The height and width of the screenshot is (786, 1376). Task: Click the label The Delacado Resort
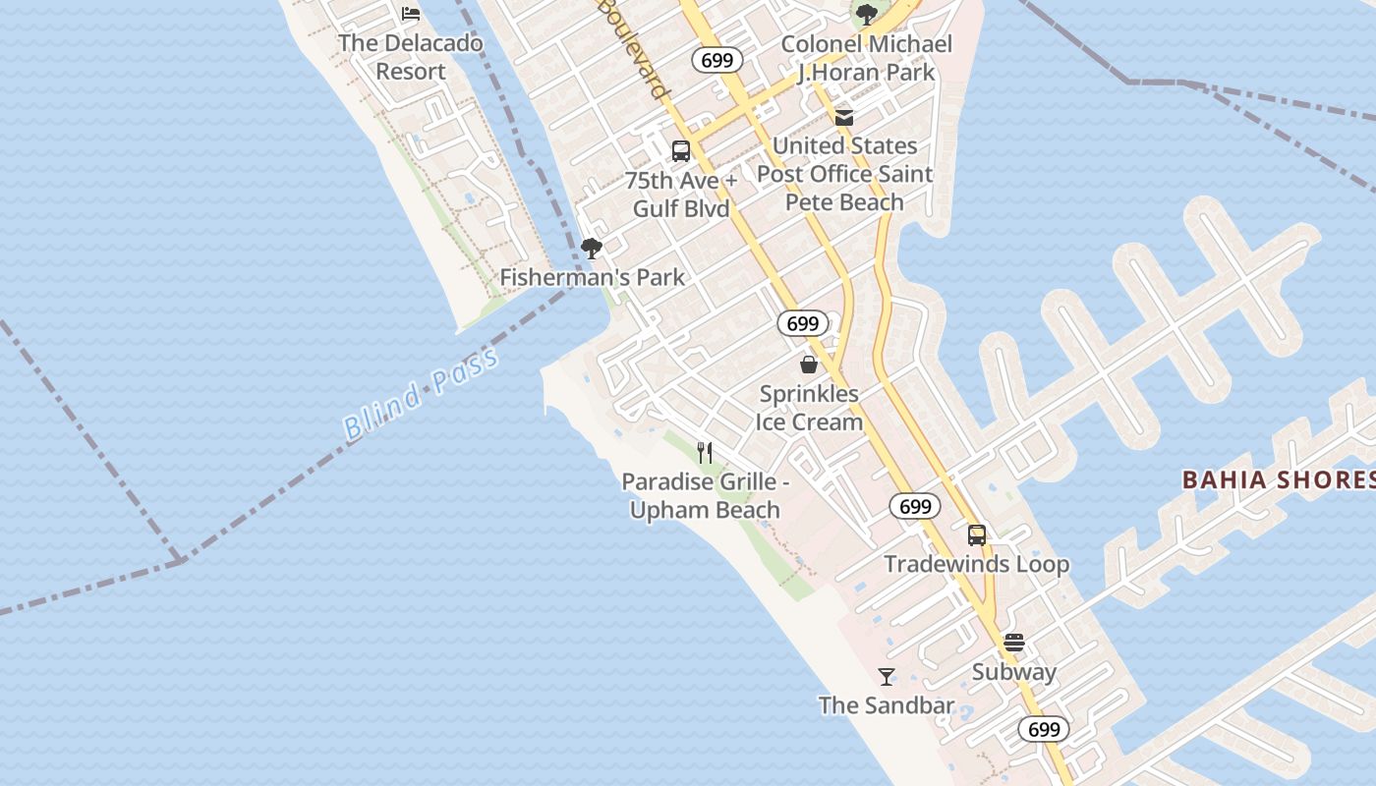[x=411, y=57]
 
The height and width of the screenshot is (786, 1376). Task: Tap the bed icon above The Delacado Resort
[x=411, y=14]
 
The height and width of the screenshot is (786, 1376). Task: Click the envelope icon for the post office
[x=844, y=118]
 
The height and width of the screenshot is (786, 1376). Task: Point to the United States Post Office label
[x=844, y=174]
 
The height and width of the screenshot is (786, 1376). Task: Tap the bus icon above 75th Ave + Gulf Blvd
[x=680, y=151]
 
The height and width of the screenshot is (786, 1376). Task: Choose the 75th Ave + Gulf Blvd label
[x=681, y=195]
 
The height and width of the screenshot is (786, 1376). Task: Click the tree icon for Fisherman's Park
[x=591, y=249]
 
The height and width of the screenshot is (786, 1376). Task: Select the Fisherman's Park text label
[x=592, y=277]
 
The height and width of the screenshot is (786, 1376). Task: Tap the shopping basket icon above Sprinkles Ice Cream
[x=809, y=365]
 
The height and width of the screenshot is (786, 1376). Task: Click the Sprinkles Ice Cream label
[x=809, y=408]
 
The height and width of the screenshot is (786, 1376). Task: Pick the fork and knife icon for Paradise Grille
[x=705, y=452]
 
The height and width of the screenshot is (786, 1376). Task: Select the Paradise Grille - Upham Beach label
[x=705, y=496]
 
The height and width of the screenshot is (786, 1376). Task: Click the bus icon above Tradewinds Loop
[x=976, y=535]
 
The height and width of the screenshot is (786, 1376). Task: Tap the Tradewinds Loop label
[x=976, y=564]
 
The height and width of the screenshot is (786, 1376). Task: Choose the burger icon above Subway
[x=1014, y=644]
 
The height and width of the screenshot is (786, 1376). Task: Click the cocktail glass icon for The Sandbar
[x=887, y=676]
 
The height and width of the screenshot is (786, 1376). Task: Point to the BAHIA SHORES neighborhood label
[x=1278, y=479]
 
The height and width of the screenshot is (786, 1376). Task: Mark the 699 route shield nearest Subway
[x=1044, y=729]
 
